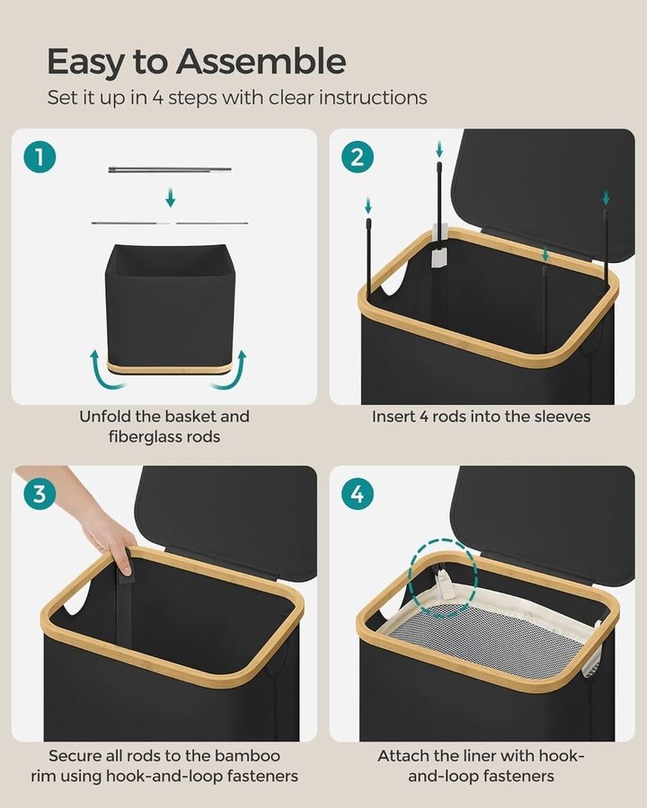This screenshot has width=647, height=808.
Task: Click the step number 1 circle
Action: tap(40, 157)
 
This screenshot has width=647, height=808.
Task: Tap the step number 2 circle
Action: tap(357, 157)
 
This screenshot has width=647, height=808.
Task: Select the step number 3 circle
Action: tap(40, 494)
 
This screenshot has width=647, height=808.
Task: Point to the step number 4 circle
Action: tap(357, 494)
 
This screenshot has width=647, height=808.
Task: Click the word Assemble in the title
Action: tap(261, 61)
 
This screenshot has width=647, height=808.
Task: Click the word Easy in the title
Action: tap(86, 63)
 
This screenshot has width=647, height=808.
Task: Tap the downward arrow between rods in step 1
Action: tap(170, 198)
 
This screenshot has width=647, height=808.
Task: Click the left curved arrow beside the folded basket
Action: tap(105, 371)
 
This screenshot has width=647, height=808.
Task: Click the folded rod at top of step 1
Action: tap(170, 170)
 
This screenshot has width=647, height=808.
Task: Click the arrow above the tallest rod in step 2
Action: tap(439, 149)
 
